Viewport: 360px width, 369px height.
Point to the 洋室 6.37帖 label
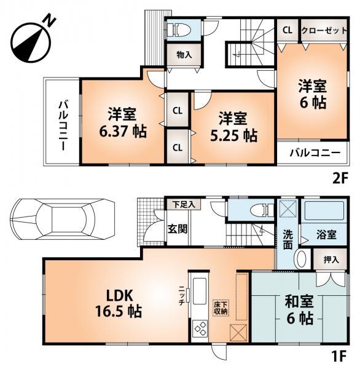pos(123,122)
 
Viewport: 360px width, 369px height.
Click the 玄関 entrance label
pos(178,229)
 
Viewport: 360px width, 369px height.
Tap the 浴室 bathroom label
pos(326,234)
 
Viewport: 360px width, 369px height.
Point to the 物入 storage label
pos(184,55)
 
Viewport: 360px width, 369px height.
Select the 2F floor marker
pos(340,178)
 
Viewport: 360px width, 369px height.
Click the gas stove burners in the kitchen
pos(201,328)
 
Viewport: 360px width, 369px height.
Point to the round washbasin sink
pos(302,258)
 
